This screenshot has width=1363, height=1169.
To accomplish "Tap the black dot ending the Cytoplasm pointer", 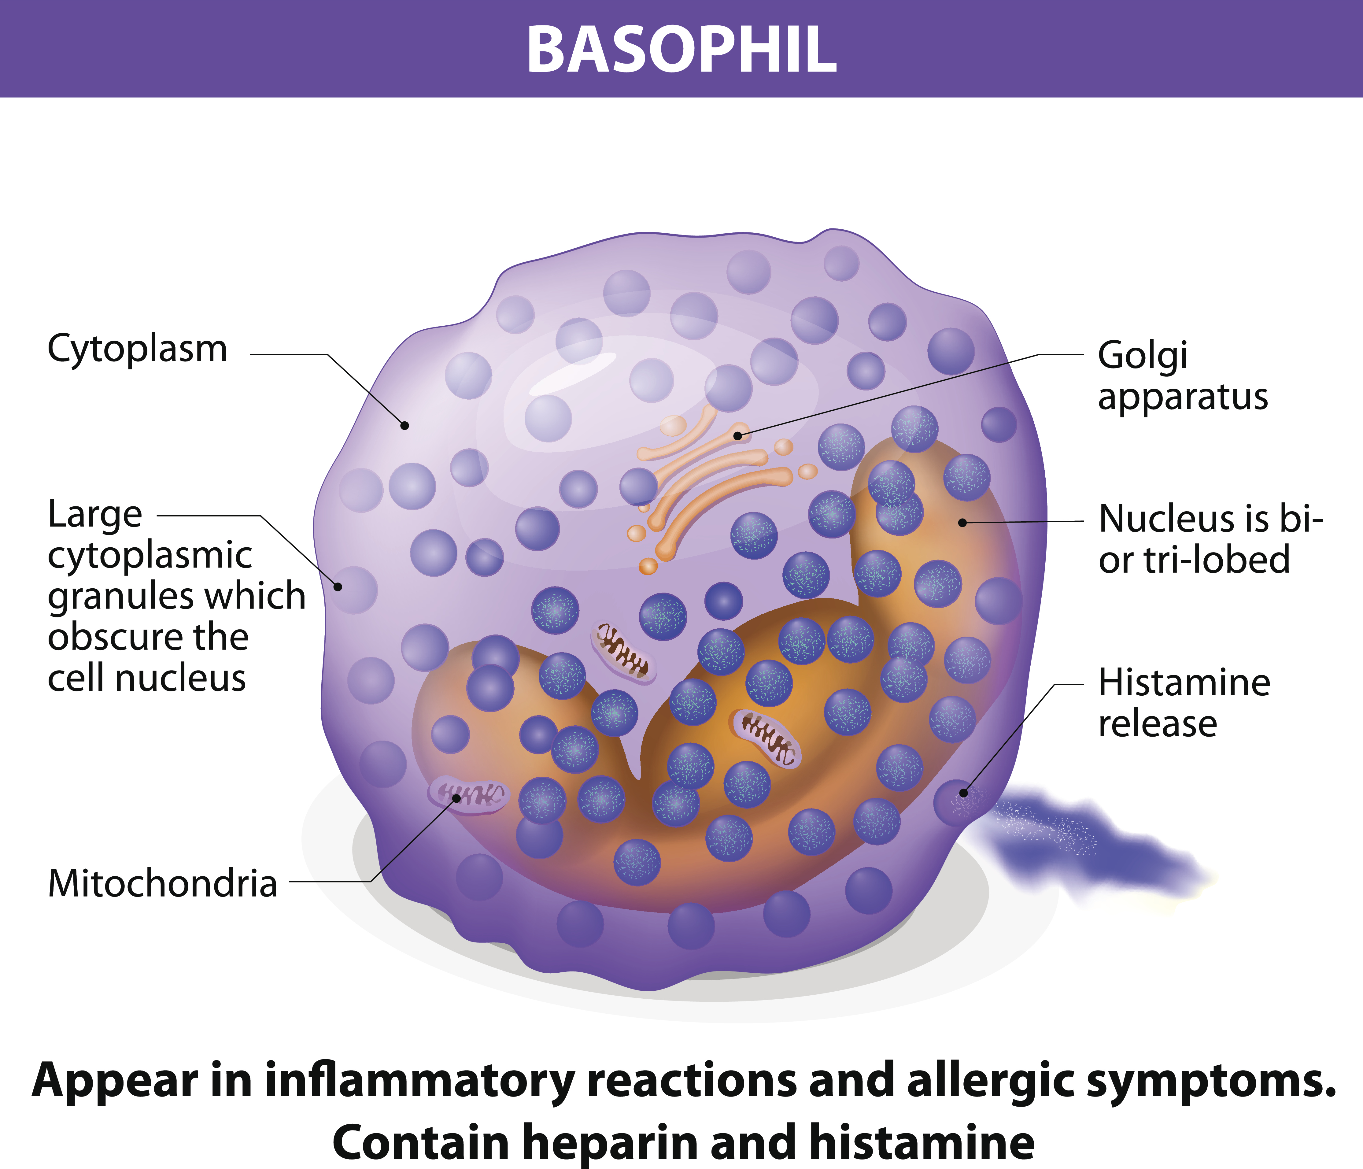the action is coord(405,426).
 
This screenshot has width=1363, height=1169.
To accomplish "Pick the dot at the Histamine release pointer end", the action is coord(964,794).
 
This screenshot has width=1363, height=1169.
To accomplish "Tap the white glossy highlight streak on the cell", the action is coord(572,374).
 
